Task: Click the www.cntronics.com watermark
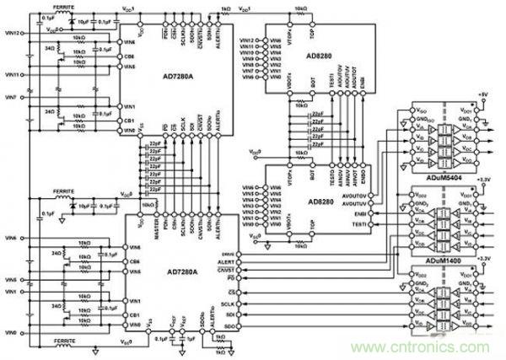pyautogui.click(x=422, y=346)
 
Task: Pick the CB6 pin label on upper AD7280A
pyautogui.click(x=128, y=56)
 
